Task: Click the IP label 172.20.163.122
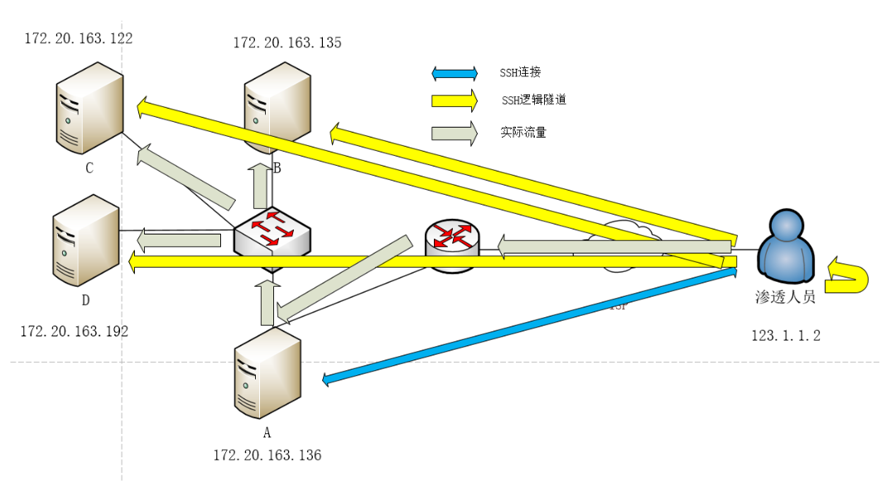79,38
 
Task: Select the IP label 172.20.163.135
287,42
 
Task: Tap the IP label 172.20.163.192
75,331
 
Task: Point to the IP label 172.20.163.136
267,455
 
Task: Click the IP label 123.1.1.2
786,336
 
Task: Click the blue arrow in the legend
455,73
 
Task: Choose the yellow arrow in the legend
455,101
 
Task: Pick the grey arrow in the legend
455,133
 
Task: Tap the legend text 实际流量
523,132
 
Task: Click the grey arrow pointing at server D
178,240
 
